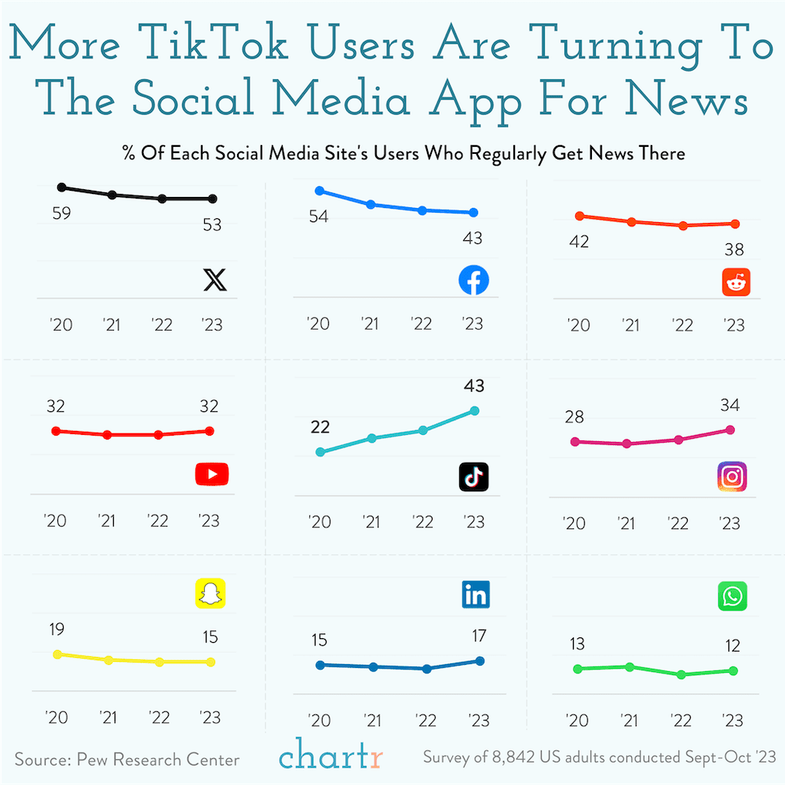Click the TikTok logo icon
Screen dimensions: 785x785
(473, 476)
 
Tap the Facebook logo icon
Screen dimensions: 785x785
(473, 280)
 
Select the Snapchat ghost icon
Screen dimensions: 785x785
(210, 593)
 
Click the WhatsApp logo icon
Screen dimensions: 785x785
(732, 597)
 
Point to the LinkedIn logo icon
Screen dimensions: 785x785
(476, 595)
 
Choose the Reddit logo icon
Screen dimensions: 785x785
(736, 282)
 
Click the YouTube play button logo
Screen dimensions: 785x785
(211, 473)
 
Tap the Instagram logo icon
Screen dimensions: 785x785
(732, 476)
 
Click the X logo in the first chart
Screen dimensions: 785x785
(214, 280)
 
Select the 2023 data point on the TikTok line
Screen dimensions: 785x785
(474, 411)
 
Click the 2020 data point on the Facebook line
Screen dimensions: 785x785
(319, 191)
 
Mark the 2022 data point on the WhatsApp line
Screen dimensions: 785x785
(681, 674)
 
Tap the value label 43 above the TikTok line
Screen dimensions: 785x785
(473, 385)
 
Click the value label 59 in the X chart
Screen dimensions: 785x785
(62, 213)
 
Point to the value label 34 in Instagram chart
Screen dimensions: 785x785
(730, 405)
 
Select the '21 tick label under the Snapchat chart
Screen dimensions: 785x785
(108, 717)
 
